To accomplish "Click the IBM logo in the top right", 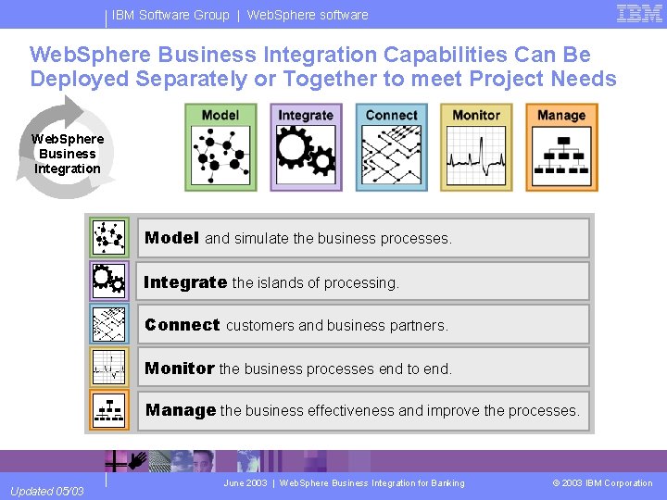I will (639, 14).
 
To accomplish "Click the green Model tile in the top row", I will (220, 146).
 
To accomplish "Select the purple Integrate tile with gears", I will (306, 146).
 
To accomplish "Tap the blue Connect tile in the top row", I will (391, 146).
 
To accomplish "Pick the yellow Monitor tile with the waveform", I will (476, 146).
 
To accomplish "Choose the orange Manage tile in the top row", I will (561, 146).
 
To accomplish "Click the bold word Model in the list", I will (171, 238).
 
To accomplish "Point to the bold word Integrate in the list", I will (185, 282).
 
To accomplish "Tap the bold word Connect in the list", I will (182, 325).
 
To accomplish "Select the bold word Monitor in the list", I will (180, 369).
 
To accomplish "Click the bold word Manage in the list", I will (181, 410).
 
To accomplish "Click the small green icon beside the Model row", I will (109, 238).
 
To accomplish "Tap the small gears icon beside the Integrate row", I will (109, 281).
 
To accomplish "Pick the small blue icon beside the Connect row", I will (109, 324).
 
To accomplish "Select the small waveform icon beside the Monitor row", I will (109, 368).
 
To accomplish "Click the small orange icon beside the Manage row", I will (109, 410).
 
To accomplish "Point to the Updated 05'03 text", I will (45, 491).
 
